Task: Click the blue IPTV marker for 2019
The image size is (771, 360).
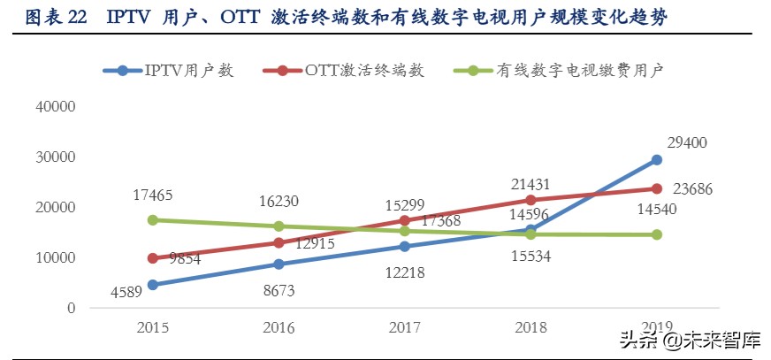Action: coord(657,160)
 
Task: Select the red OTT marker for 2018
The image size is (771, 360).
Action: coord(531,200)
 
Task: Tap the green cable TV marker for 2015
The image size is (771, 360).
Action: coord(152,219)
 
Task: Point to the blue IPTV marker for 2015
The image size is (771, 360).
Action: coord(152,285)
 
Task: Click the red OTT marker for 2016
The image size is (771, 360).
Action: coord(279,242)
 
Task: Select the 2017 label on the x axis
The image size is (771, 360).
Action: coord(405,327)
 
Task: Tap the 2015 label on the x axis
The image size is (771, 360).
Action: coord(152,327)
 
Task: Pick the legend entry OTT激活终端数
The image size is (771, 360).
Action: coord(363,71)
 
